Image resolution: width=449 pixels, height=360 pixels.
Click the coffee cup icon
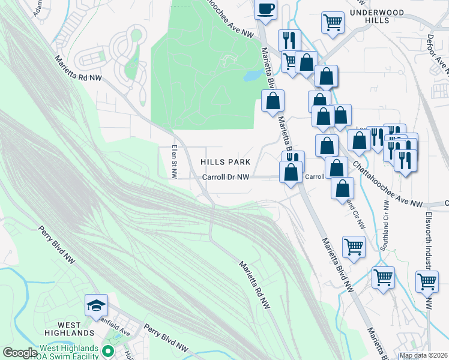(x=266, y=9)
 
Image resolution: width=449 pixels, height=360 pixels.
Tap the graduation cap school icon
(x=96, y=305)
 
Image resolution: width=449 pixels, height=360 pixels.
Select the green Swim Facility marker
(x=108, y=350)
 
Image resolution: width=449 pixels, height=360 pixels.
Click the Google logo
(x=20, y=353)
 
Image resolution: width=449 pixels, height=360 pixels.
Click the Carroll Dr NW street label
(x=225, y=177)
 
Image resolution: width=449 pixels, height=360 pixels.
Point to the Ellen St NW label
(x=174, y=162)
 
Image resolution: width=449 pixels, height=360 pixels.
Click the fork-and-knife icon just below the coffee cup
(x=289, y=41)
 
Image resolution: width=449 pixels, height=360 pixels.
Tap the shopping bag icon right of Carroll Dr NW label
(x=291, y=172)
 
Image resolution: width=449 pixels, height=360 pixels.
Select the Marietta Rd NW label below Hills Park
(x=255, y=285)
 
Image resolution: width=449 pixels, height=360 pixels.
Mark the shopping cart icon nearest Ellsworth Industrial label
(x=427, y=281)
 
